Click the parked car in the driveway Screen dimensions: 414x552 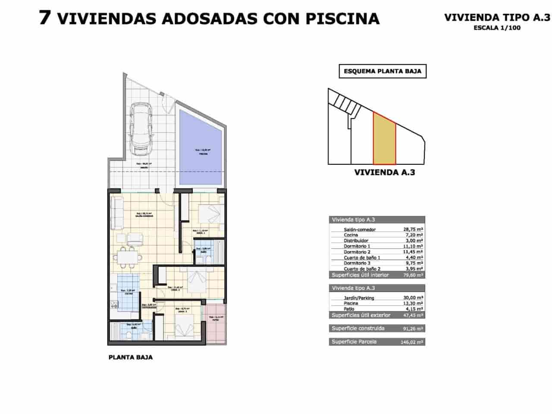(x=141, y=129)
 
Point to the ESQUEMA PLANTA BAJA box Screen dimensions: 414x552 (x=383, y=71)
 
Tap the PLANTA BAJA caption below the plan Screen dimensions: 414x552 (x=131, y=358)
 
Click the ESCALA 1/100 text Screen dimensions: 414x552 (x=497, y=28)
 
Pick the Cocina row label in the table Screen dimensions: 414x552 (x=351, y=235)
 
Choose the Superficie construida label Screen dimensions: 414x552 (x=358, y=329)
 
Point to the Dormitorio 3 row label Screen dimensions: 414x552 (x=358, y=263)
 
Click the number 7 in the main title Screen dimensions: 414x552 (x=44, y=18)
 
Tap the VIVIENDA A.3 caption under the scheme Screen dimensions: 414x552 (x=384, y=172)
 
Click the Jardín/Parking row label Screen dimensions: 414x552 (x=359, y=298)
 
